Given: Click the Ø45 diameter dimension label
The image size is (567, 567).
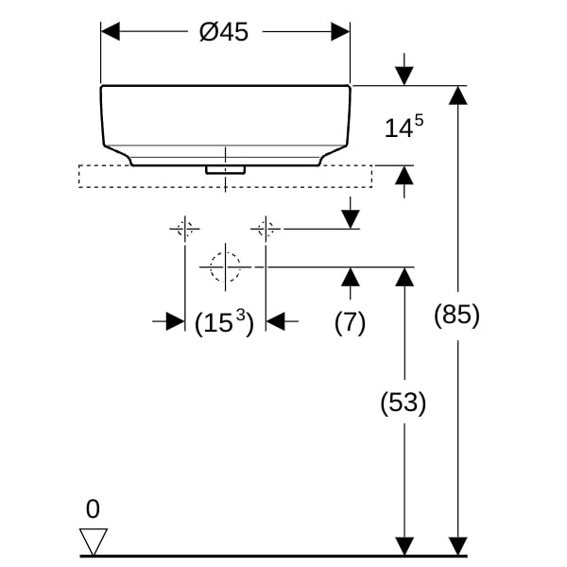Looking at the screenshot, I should (224, 32).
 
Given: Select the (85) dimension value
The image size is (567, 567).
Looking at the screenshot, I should (457, 316).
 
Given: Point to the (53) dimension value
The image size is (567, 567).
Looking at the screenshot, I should (404, 404).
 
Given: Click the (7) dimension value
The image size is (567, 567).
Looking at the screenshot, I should (350, 322).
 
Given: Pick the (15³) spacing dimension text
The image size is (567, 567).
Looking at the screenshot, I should (224, 323).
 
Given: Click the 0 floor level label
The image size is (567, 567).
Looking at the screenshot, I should (93, 510).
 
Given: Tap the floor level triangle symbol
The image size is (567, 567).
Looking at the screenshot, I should (93, 541).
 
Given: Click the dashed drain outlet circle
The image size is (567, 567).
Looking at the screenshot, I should (225, 267).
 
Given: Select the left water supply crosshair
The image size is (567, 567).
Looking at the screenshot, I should (184, 228).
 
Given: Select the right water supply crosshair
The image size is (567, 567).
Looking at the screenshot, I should (266, 228).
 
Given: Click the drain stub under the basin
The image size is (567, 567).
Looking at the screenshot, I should (226, 170).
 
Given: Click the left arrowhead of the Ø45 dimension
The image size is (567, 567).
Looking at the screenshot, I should (111, 32).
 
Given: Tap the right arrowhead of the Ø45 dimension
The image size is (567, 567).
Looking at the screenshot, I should (340, 32).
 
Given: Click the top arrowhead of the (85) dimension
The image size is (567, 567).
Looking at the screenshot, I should (457, 95).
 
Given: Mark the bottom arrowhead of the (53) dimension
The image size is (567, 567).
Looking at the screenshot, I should (404, 546).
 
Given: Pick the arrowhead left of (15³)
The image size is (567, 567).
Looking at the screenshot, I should (175, 322).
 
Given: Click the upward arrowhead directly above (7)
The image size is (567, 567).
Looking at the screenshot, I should (350, 277).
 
